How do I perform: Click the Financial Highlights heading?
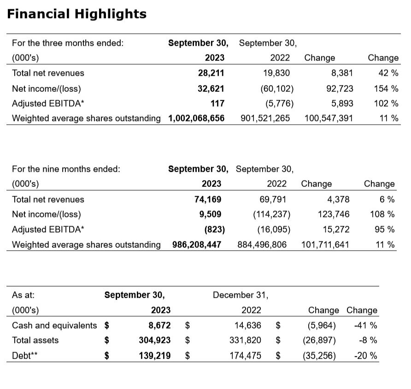[x=76, y=14]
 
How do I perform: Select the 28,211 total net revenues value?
[x=211, y=73]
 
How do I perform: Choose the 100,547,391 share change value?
[x=329, y=118]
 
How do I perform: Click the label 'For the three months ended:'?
[x=68, y=43]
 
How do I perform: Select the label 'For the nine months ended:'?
[x=66, y=169]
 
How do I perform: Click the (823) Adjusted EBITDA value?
[x=211, y=229]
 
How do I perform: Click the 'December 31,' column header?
[x=241, y=295]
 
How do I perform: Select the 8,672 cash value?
[x=159, y=325]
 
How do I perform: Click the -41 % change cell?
[x=365, y=325]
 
